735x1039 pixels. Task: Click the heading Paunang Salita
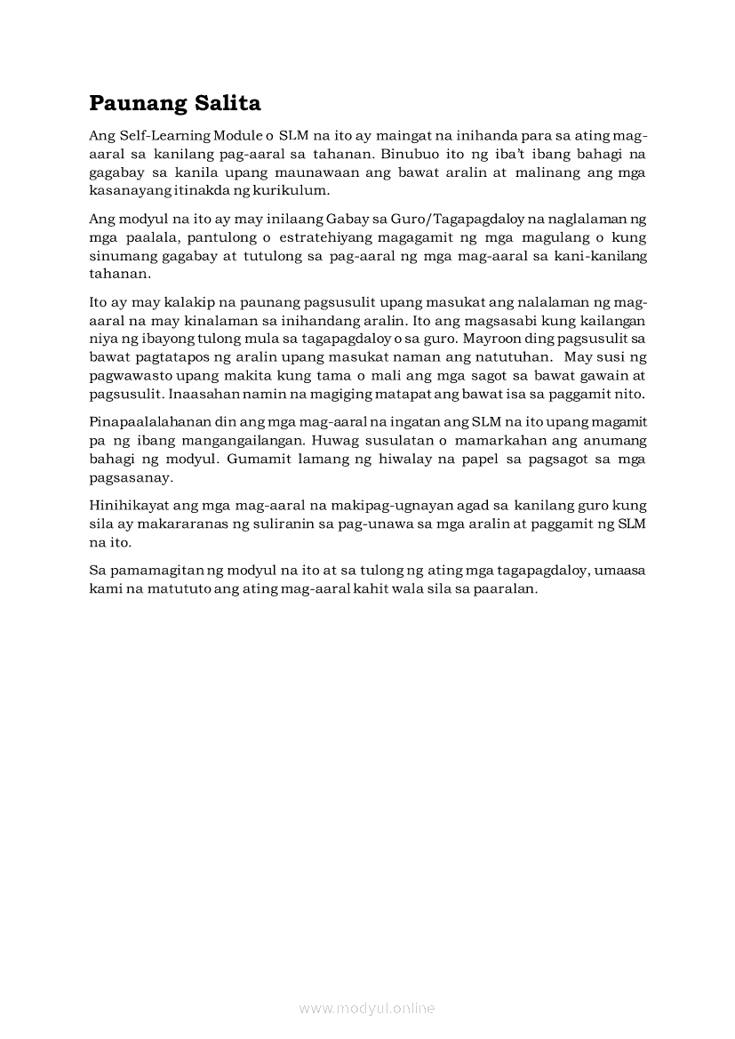tap(175, 103)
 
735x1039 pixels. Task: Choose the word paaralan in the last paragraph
tap(507, 590)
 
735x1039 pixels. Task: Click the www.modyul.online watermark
tap(367, 1008)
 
